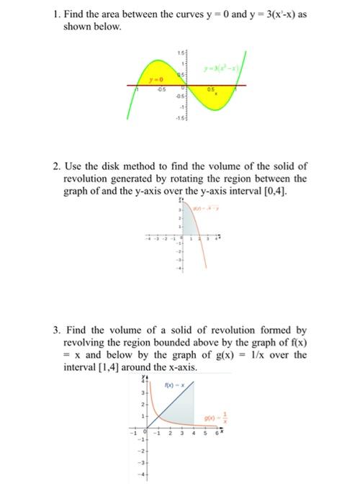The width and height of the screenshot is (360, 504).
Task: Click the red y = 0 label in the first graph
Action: [153, 80]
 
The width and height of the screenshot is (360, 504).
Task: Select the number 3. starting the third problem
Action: [55, 331]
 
